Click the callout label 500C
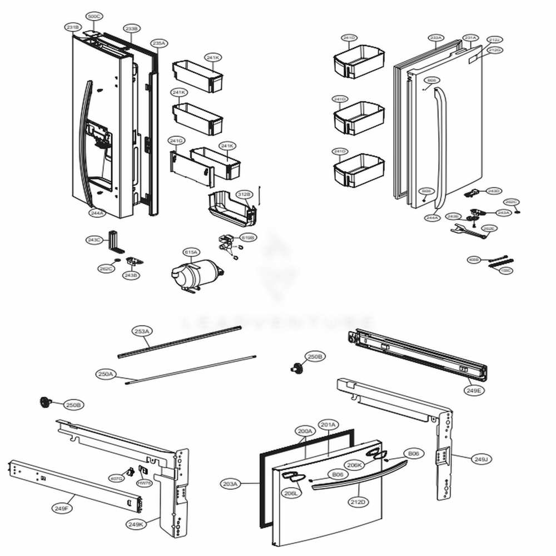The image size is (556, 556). click(94, 17)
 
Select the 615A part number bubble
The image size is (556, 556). click(191, 252)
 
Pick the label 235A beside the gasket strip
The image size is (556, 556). click(158, 43)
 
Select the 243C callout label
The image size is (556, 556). click(94, 240)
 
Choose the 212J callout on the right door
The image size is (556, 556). click(494, 39)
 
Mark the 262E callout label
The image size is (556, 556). click(489, 229)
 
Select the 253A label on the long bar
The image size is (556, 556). click(142, 331)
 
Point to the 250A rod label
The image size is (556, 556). click(105, 375)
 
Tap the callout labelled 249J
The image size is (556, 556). click(480, 459)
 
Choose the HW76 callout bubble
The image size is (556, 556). click(145, 484)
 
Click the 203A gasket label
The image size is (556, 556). click(231, 484)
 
